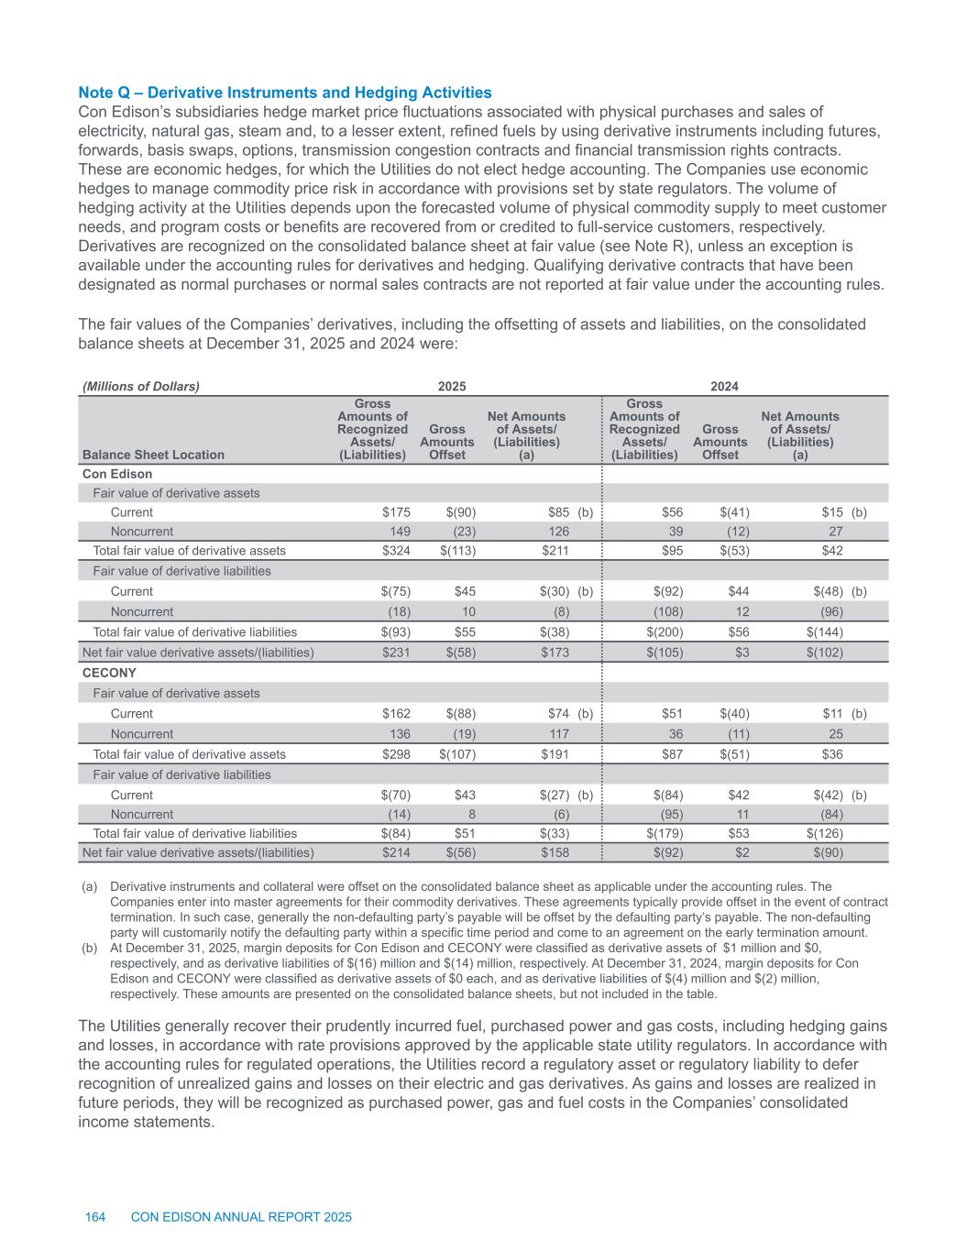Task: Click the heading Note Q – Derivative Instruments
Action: pyautogui.click(x=285, y=93)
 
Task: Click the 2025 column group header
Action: pyautogui.click(x=450, y=387)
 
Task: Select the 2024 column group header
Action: pyautogui.click(x=725, y=387)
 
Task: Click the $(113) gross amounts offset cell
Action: pyautogui.click(x=457, y=551)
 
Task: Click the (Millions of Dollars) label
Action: pyautogui.click(x=141, y=387)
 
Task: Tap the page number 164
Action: pyautogui.click(x=95, y=1217)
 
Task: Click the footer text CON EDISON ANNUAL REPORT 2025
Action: pyautogui.click(x=242, y=1217)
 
